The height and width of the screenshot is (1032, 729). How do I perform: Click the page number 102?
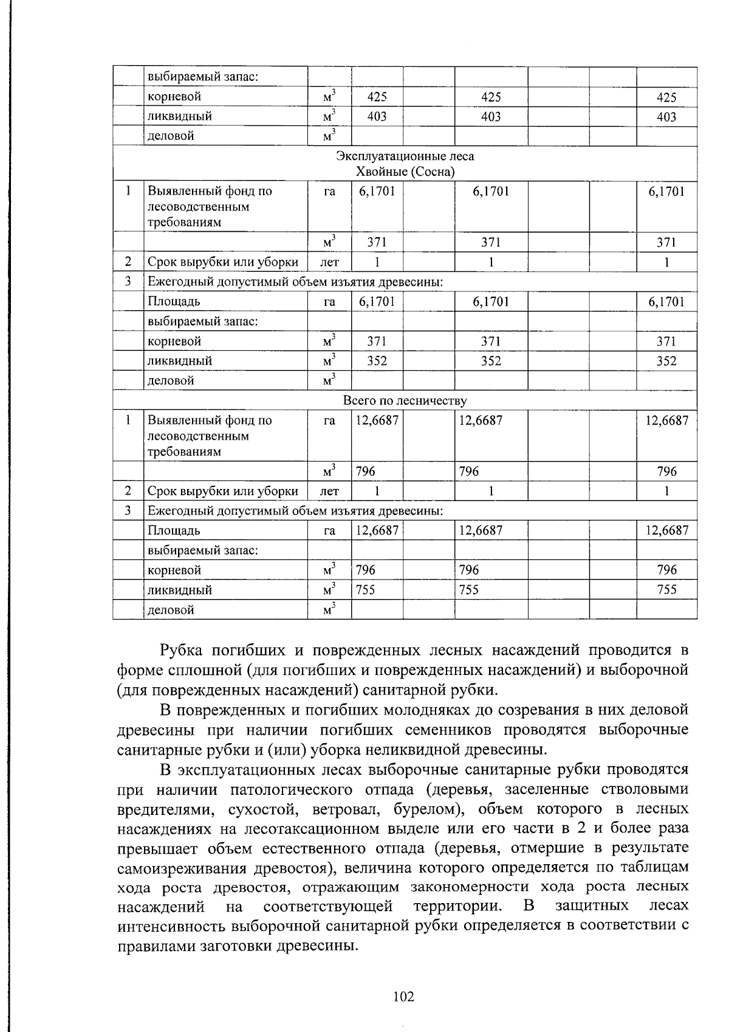(403, 996)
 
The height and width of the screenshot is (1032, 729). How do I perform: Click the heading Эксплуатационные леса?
(405, 156)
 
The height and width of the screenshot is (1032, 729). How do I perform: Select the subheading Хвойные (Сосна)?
(405, 172)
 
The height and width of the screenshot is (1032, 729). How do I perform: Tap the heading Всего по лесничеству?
(405, 401)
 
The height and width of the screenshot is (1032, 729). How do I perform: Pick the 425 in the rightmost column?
(666, 97)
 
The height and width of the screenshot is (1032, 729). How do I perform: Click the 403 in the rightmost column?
(666, 117)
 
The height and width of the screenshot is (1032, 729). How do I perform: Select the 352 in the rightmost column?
(666, 361)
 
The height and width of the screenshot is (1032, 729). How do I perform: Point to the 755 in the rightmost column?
(666, 590)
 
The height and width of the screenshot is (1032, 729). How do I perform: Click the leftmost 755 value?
(366, 590)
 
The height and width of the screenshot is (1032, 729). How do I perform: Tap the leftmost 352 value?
(377, 361)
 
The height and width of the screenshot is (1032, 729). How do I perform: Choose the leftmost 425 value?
(377, 97)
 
